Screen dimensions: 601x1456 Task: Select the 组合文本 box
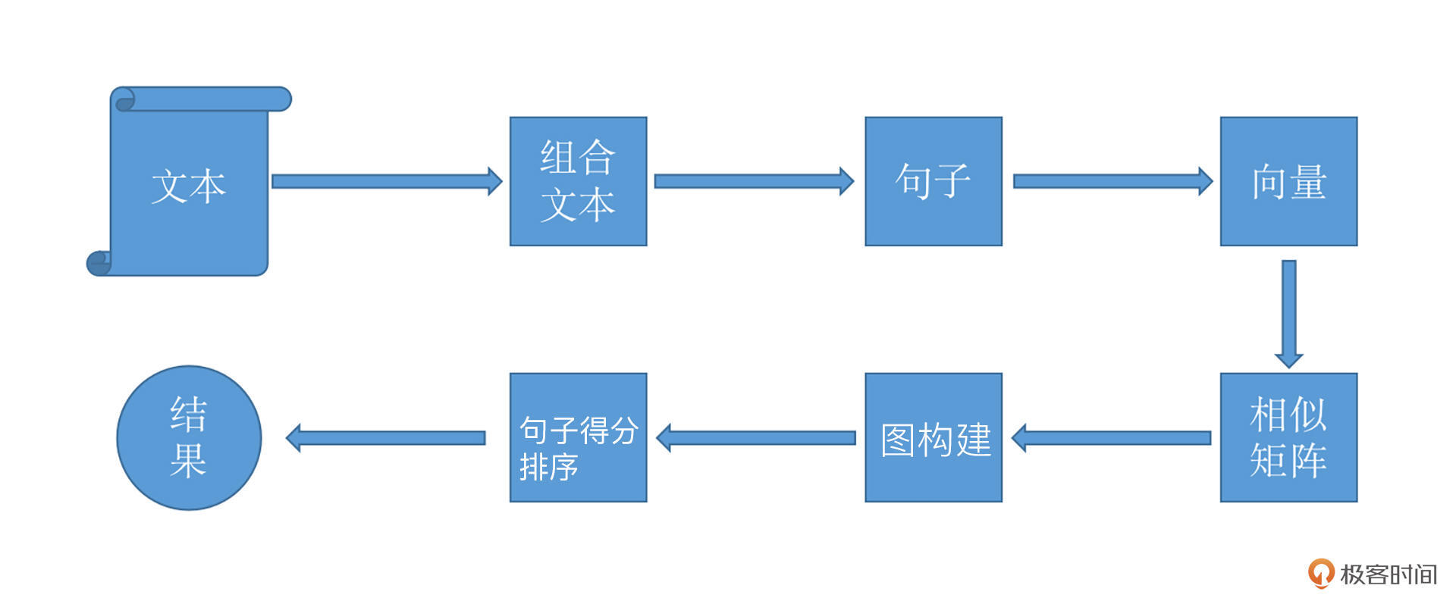(x=578, y=181)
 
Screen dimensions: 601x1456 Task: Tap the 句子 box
(x=933, y=181)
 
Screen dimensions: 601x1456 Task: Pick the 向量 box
(x=1288, y=181)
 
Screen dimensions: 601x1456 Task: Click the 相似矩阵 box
(x=1288, y=437)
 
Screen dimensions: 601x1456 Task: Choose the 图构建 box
(x=933, y=437)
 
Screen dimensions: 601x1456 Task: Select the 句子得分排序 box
(x=578, y=437)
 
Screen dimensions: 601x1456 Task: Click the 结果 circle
(x=189, y=438)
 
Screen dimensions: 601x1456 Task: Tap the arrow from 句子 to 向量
(x=1112, y=181)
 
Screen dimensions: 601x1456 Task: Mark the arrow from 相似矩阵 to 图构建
(x=1112, y=438)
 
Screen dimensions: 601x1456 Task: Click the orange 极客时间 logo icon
(x=1320, y=573)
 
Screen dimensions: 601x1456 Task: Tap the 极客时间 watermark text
(x=1388, y=574)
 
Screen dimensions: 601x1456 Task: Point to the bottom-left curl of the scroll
(x=99, y=263)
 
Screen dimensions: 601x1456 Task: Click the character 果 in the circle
(x=188, y=460)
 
